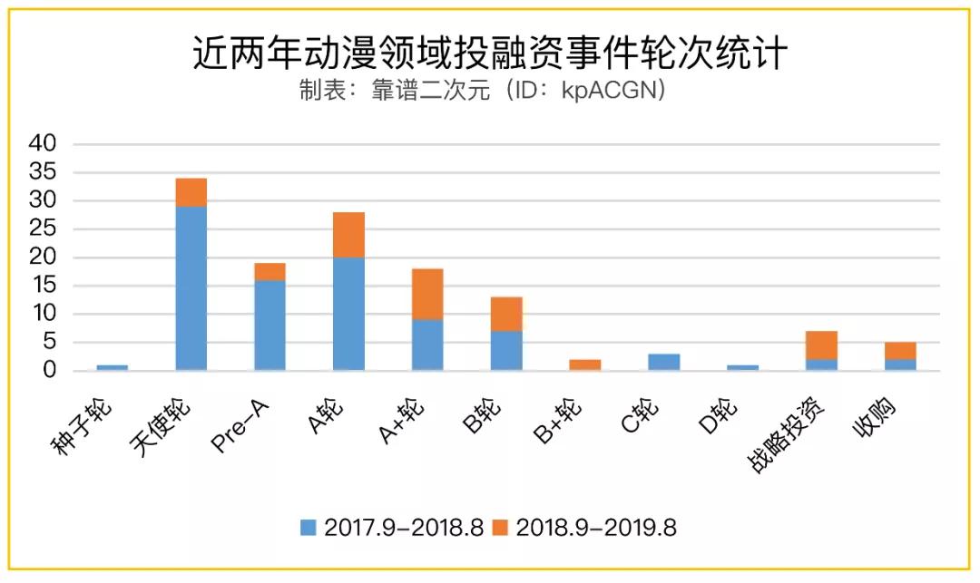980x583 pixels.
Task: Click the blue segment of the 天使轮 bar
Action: coord(191,288)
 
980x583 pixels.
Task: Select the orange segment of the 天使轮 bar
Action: coord(191,192)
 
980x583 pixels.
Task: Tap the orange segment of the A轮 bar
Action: coord(348,235)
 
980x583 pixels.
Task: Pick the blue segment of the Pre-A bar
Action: coord(269,325)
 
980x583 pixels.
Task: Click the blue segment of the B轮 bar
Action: coord(506,350)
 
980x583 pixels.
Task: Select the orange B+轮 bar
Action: coord(585,364)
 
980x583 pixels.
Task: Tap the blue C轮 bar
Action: coord(664,362)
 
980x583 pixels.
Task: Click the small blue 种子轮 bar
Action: coord(112,367)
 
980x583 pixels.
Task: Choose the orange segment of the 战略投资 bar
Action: coord(822,345)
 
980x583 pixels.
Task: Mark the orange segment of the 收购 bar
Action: coord(901,351)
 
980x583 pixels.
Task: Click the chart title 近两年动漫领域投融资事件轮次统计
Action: coord(490,53)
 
